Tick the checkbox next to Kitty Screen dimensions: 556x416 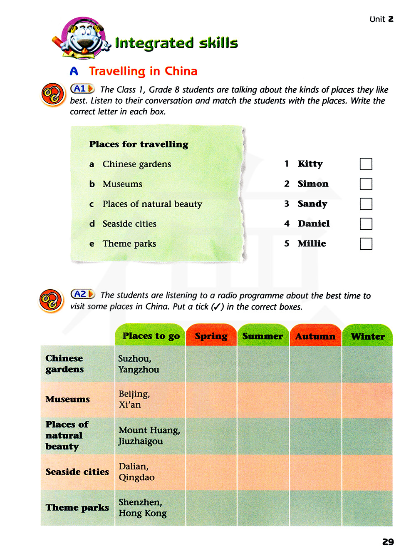tap(366, 164)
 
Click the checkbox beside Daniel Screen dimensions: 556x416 tap(366, 224)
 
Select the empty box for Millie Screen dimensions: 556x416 tap(366, 244)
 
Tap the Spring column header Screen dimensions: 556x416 tap(211, 336)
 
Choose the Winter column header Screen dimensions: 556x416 tap(367, 336)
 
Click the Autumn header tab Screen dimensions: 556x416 tap(315, 336)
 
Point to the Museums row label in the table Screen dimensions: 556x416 tap(67, 400)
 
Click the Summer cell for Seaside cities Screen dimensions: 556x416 tap(263, 472)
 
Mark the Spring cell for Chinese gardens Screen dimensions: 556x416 tap(211, 364)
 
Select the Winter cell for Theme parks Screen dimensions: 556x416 tap(367, 508)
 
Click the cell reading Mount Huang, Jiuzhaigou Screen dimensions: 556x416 tap(149, 436)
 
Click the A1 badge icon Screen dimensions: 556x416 tap(82, 89)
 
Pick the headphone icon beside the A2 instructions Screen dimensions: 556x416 tap(51, 300)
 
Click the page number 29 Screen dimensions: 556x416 tap(388, 542)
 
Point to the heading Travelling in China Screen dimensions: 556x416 tap(143, 71)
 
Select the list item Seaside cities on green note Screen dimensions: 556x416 tap(129, 224)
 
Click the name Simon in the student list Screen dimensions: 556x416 tap(313, 184)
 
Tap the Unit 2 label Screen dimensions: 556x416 tap(381, 19)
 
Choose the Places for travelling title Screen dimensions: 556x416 tap(139, 144)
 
